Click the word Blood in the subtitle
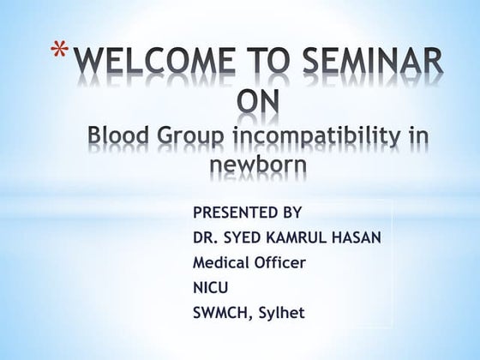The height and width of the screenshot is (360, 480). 119,135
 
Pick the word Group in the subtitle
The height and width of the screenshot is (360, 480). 187,137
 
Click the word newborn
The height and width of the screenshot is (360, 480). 257,165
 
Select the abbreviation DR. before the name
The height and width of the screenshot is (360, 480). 207,237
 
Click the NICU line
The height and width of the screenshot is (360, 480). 212,287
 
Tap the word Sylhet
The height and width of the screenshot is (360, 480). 279,313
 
